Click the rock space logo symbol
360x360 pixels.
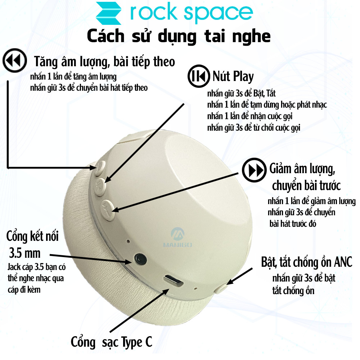(109, 13)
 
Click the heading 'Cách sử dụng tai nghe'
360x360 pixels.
(179, 36)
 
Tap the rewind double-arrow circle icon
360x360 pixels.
(15, 60)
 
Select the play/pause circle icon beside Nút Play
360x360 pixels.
(199, 76)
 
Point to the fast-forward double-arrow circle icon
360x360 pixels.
(254, 170)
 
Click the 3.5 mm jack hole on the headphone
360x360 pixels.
(140, 259)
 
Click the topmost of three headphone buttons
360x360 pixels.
(100, 168)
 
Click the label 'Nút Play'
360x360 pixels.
(233, 76)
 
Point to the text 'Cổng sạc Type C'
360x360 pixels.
(111, 342)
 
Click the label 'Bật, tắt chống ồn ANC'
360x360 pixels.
(306, 262)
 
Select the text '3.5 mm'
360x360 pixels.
(25, 253)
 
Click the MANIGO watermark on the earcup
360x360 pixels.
(178, 237)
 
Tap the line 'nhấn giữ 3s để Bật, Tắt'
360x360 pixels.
(241, 94)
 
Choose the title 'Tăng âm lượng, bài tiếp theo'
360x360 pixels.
(104, 62)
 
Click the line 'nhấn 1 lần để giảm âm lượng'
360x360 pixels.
(311, 201)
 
